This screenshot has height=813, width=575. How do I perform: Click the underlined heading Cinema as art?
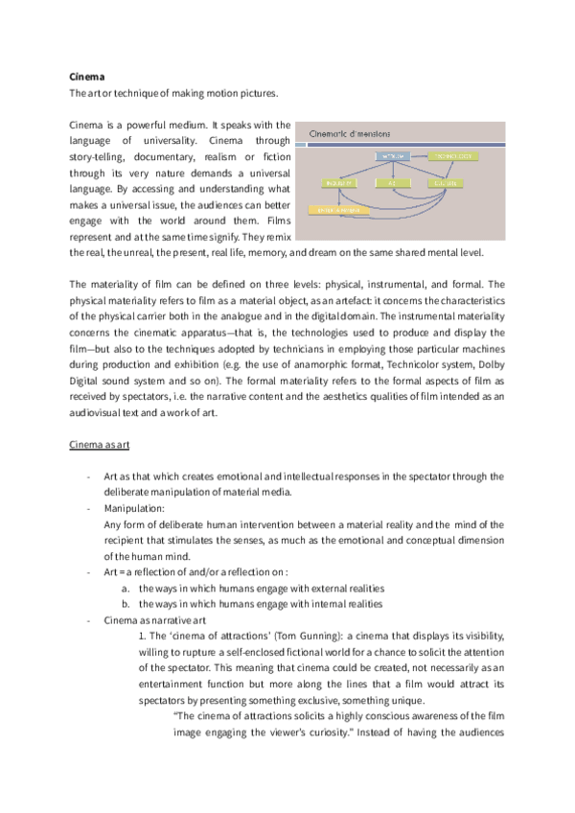pyautogui.click(x=99, y=446)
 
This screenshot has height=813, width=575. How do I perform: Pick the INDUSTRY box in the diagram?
pyautogui.click(x=342, y=181)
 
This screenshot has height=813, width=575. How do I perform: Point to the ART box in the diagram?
pyautogui.click(x=393, y=181)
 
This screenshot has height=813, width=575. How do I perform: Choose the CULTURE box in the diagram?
pyautogui.click(x=445, y=181)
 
